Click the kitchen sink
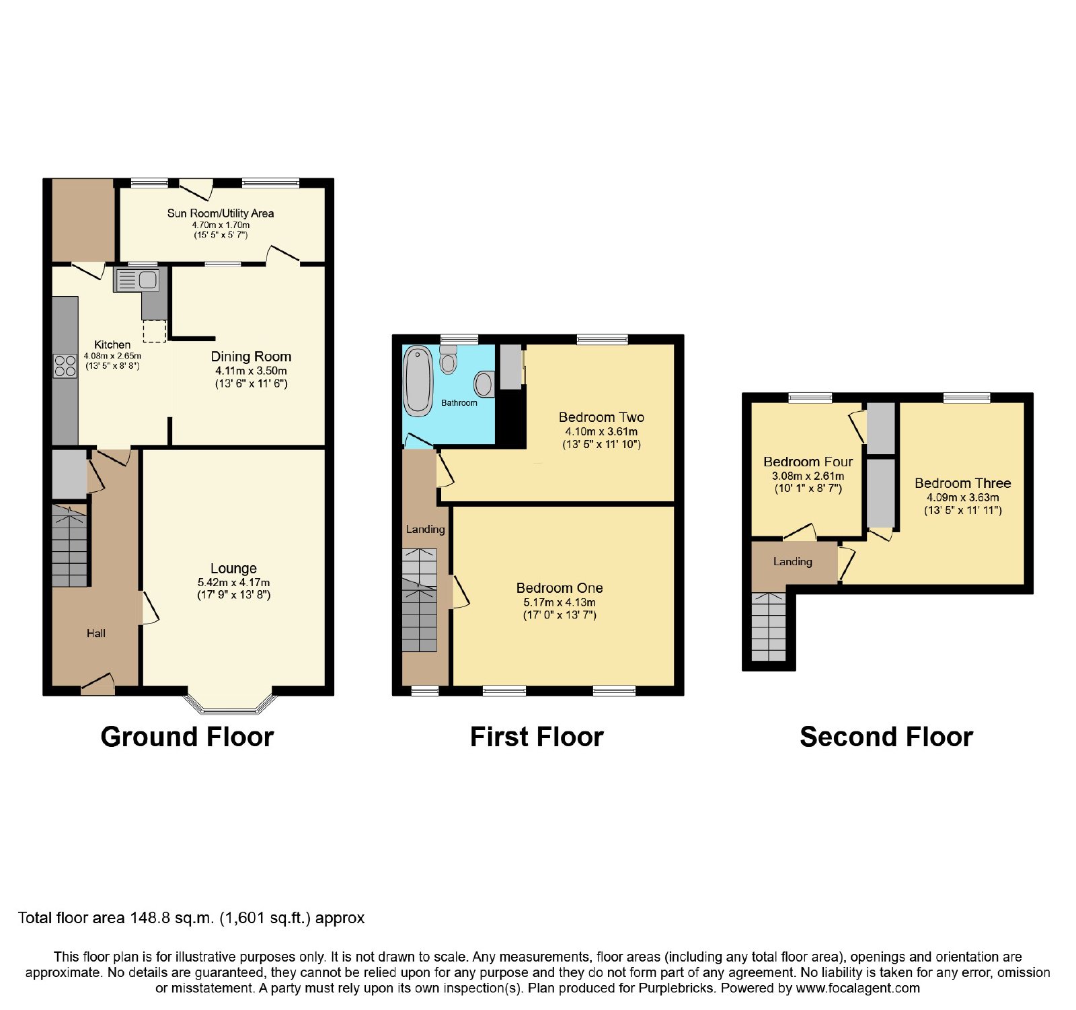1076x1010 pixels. click(x=137, y=280)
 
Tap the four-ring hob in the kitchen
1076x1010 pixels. click(x=65, y=366)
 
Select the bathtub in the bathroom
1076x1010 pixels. click(x=418, y=382)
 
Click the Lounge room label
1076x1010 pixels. click(x=233, y=569)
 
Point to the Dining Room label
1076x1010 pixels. click(x=251, y=357)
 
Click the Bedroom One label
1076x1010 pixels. click(x=560, y=588)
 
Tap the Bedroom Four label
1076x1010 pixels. click(x=808, y=462)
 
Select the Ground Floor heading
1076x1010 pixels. click(x=187, y=737)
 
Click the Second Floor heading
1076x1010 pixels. click(x=886, y=737)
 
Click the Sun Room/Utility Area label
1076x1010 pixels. click(x=221, y=213)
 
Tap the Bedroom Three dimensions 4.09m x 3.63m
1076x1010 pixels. click(x=963, y=498)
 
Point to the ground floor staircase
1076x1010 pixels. click(x=70, y=545)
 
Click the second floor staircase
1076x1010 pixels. click(x=769, y=626)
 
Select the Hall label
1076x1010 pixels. click(x=95, y=633)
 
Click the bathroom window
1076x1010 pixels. click(x=459, y=339)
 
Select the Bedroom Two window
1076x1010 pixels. click(x=603, y=339)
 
